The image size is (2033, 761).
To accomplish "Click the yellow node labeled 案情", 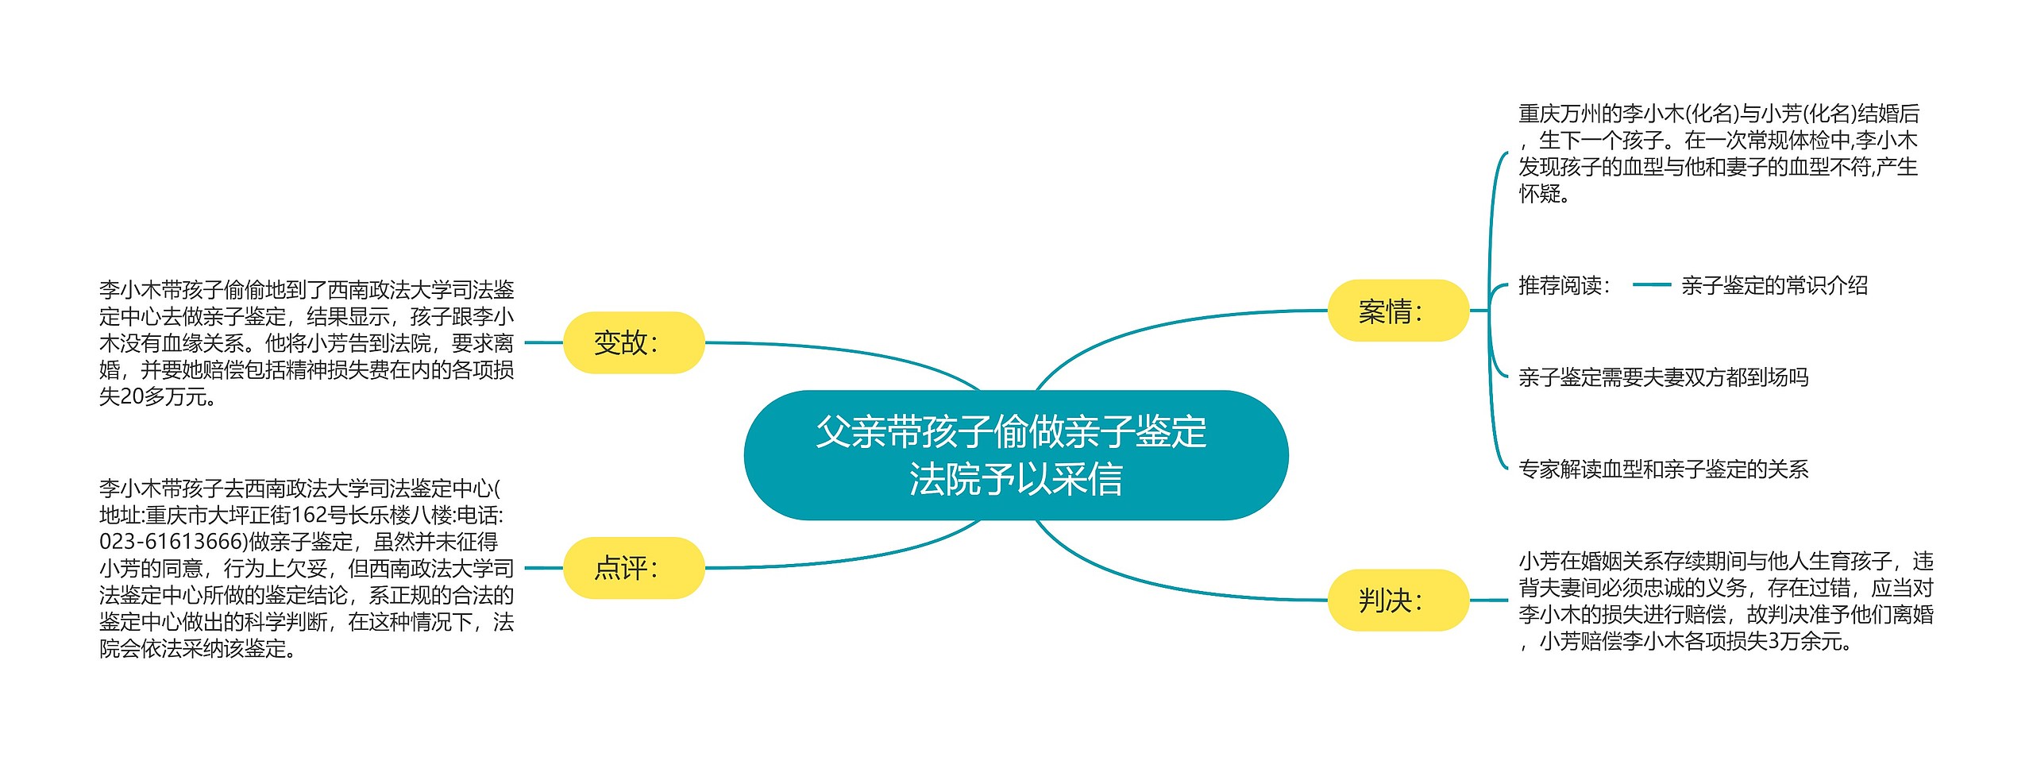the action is (1398, 311).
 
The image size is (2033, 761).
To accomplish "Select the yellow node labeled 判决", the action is (1398, 600).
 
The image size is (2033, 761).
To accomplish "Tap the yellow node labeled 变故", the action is (634, 342).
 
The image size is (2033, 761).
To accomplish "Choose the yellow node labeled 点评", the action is (634, 568).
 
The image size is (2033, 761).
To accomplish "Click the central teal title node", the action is (1015, 454).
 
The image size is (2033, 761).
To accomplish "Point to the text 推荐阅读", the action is (1563, 285).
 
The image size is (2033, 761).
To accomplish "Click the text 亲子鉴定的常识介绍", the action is (1774, 285).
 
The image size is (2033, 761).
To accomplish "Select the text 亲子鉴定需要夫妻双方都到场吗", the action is (1663, 377).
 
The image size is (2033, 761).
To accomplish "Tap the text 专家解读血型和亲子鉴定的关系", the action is (1663, 469).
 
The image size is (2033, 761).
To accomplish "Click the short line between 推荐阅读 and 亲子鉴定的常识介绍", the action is (1652, 284).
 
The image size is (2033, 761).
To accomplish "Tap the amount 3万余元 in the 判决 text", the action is (1807, 641).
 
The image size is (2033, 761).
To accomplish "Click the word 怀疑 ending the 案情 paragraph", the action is (1540, 193).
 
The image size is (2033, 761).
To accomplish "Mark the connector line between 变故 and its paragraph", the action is (544, 342).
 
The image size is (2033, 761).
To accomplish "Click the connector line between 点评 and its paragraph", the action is (544, 568).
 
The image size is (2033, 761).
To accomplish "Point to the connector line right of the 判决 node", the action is (1487, 600).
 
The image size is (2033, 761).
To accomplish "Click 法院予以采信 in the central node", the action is (1015, 479).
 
